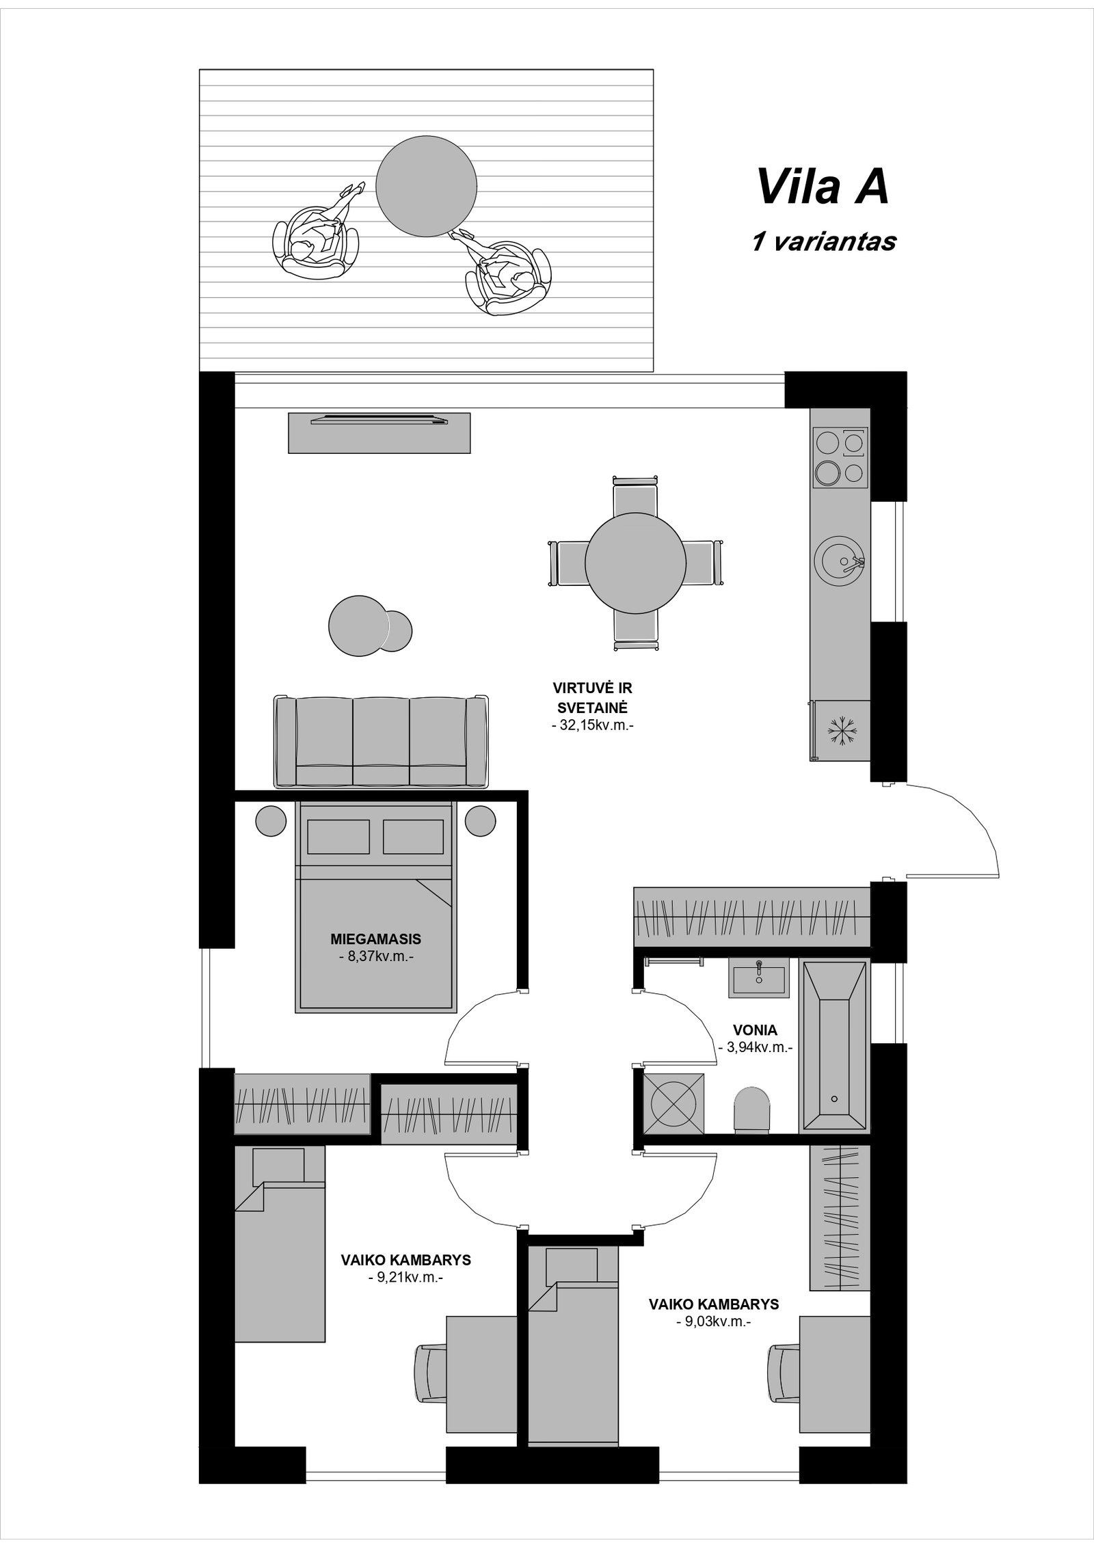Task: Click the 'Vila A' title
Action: click(823, 187)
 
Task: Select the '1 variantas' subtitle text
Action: click(823, 241)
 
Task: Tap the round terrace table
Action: click(426, 185)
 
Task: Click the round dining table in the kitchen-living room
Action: click(635, 563)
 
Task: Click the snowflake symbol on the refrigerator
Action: click(842, 731)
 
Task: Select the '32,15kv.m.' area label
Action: click(593, 727)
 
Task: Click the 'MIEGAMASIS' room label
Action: click(375, 939)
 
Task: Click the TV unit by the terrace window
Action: click(379, 432)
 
